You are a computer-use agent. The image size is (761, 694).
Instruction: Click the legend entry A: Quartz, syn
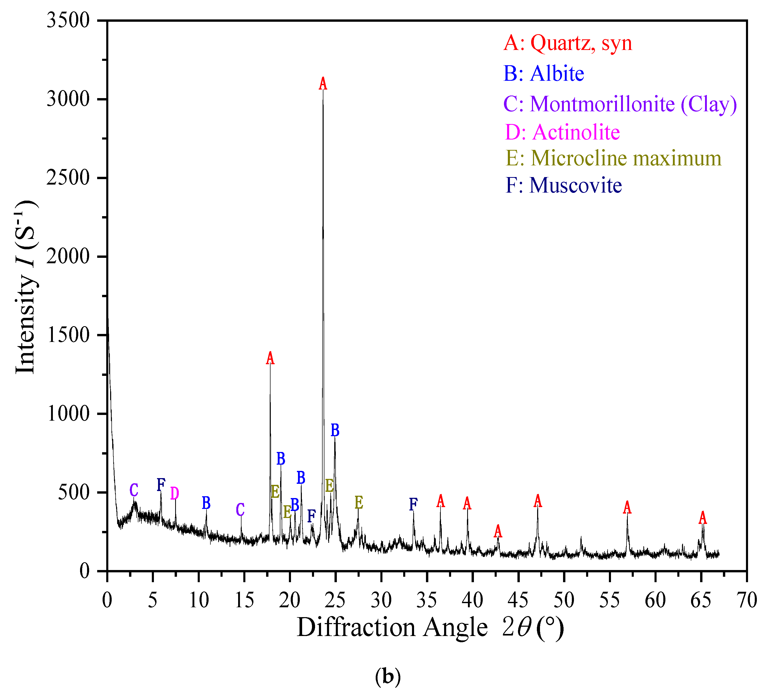[568, 43]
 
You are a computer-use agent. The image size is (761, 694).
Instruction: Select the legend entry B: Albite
[544, 74]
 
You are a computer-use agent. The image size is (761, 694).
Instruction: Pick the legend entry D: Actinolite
[563, 132]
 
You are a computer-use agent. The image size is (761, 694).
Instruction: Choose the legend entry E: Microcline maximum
[613, 158]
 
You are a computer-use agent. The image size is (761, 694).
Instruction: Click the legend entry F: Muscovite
[564, 185]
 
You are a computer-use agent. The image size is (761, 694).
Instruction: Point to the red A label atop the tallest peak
[323, 84]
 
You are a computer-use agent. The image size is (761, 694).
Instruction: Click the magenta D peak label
[174, 493]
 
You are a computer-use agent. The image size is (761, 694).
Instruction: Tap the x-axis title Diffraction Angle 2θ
[430, 628]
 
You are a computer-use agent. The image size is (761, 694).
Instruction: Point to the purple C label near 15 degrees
[240, 510]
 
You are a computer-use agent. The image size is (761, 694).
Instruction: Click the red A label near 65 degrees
[702, 518]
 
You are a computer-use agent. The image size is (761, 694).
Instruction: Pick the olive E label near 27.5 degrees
[359, 502]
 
